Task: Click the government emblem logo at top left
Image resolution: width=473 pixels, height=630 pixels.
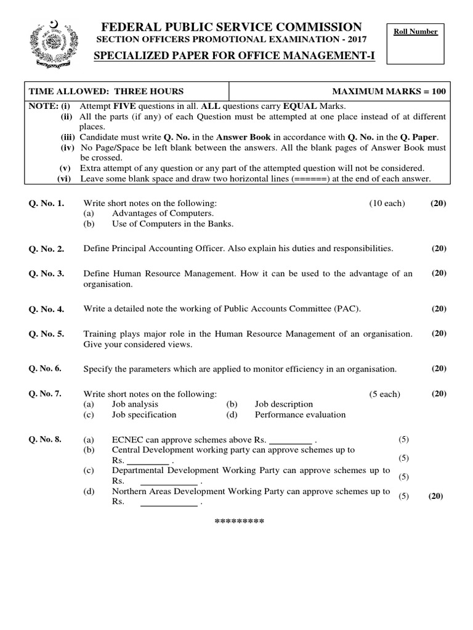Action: coord(54,44)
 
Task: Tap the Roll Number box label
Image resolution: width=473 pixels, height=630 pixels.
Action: coord(417,32)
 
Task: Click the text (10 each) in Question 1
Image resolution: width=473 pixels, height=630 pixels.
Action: coord(387,203)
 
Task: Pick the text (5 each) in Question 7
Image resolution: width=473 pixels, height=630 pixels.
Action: coord(385,394)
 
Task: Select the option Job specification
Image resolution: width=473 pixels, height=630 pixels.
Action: coord(144,415)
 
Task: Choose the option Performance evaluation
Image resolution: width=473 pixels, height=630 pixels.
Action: coord(300,415)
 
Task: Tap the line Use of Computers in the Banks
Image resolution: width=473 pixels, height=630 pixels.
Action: coord(173,224)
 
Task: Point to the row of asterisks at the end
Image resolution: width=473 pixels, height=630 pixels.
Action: coord(239,522)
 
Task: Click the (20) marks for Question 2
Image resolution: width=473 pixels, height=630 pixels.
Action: coord(439,249)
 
